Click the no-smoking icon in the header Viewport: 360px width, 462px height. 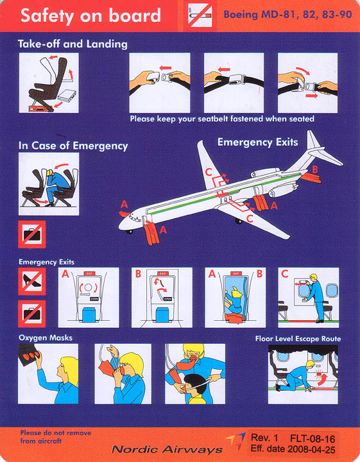pos(200,15)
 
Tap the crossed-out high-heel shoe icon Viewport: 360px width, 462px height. pos(32,281)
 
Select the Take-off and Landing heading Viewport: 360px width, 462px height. pos(73,44)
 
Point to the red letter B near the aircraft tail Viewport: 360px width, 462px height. pos(315,169)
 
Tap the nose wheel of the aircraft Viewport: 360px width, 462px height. pos(130,232)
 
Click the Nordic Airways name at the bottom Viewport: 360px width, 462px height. pos(167,449)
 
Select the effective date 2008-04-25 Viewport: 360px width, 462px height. pos(311,449)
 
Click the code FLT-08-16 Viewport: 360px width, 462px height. pos(313,439)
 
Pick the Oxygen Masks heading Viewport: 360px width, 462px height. pos(46,338)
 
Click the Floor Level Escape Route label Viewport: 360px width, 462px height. pos(298,339)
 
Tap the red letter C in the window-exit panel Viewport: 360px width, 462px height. pos(284,274)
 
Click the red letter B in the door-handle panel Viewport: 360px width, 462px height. pos(138,274)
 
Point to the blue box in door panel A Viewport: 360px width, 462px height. pos(89,314)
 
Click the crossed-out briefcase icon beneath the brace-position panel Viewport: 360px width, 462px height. pos(32,234)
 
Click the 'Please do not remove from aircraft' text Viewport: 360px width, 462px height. pos(56,437)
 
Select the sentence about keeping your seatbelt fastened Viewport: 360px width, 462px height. pos(222,119)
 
